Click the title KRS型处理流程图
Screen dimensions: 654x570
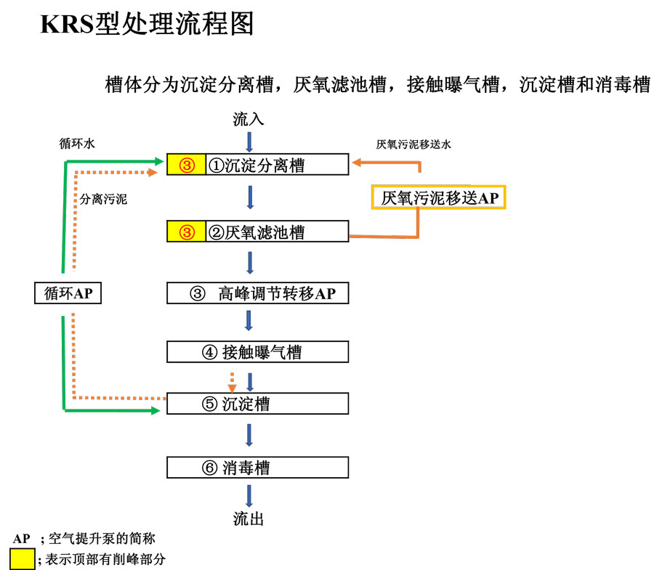(x=147, y=24)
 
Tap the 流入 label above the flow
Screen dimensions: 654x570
(x=249, y=120)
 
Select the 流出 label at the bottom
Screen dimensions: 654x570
(x=249, y=518)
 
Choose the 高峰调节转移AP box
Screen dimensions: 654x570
(x=258, y=293)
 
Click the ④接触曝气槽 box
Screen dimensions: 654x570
(x=258, y=351)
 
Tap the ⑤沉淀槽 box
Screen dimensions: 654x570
(x=258, y=403)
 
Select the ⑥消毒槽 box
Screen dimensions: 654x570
(x=258, y=468)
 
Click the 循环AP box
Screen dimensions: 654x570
(x=68, y=293)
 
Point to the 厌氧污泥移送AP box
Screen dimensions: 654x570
(x=438, y=197)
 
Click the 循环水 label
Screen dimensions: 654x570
(x=77, y=144)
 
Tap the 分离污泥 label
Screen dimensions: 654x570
(x=103, y=199)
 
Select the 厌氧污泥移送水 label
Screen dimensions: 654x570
(x=413, y=144)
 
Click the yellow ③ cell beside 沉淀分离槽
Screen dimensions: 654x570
(x=187, y=164)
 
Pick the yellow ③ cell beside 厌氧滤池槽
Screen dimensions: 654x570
(x=187, y=231)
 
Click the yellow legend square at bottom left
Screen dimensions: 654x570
(x=23, y=559)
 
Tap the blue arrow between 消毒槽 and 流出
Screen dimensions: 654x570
(x=249, y=496)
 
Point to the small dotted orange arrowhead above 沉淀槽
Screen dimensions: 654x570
(x=232, y=388)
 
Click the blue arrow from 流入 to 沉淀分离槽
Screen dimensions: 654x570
(x=249, y=142)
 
